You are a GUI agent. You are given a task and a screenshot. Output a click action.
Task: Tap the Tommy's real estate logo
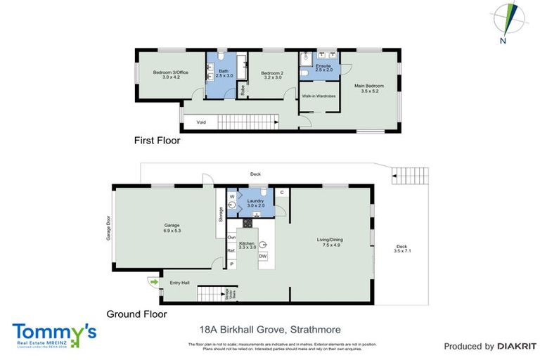[x=53, y=335]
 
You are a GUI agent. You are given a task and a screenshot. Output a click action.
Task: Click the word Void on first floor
[x=201, y=122]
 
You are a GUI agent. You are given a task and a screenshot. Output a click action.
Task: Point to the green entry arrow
[x=153, y=282]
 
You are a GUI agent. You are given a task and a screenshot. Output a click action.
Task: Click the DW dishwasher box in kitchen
[x=262, y=257]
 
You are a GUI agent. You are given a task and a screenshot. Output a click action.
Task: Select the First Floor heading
[x=157, y=141]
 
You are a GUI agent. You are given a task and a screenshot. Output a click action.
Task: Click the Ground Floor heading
[x=136, y=314]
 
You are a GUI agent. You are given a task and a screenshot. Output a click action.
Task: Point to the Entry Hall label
[x=180, y=283]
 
